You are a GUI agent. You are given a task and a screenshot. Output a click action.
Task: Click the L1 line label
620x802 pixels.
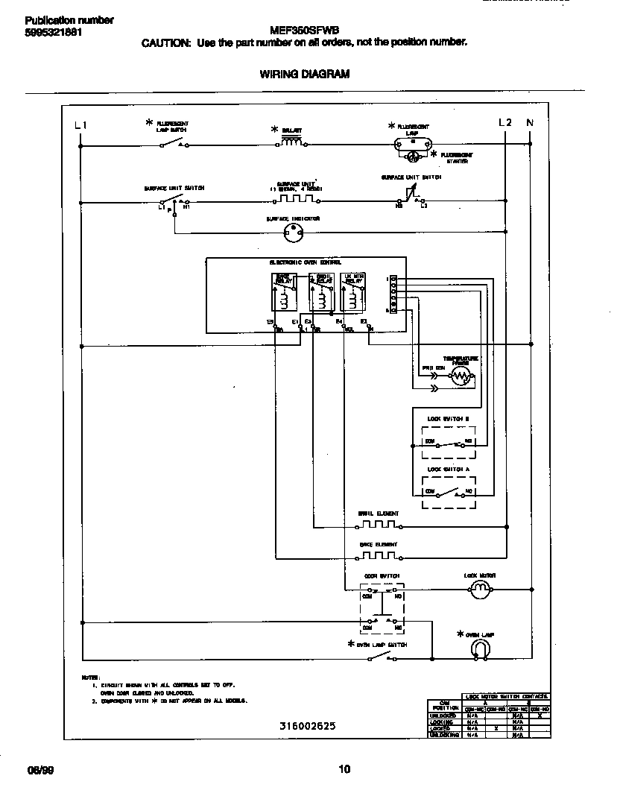click(81, 124)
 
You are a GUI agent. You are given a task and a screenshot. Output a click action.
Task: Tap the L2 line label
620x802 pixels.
click(504, 122)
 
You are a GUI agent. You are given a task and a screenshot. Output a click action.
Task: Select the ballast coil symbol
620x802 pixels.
click(291, 143)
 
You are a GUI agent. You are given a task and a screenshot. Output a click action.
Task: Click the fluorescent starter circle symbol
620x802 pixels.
click(411, 156)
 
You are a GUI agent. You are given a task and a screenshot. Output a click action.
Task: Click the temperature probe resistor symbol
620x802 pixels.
click(460, 378)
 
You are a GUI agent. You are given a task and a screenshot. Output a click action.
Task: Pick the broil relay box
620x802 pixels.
click(320, 292)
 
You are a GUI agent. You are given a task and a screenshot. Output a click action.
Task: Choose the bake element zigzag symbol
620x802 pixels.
click(379, 556)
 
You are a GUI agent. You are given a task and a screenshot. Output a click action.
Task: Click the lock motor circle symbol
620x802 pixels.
click(480, 590)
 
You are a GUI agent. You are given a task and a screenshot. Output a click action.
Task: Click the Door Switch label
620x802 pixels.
click(382, 576)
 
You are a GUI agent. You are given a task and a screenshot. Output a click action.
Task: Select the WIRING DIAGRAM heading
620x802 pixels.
click(304, 74)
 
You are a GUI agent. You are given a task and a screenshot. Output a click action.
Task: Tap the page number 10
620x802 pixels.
click(344, 770)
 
